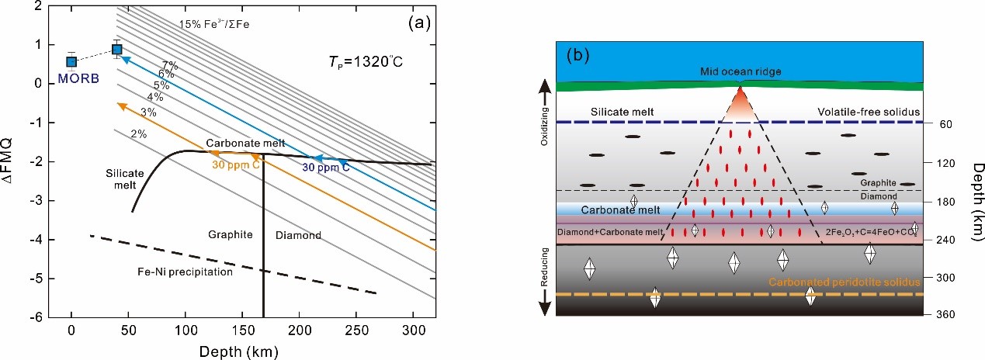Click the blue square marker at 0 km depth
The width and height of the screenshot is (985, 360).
coord(71,61)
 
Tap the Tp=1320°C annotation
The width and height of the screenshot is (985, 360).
coord(363,63)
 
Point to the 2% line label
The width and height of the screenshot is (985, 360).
coord(138,133)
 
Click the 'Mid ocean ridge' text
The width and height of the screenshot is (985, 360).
coord(739,71)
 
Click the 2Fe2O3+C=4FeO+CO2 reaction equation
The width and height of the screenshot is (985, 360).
coord(861,232)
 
